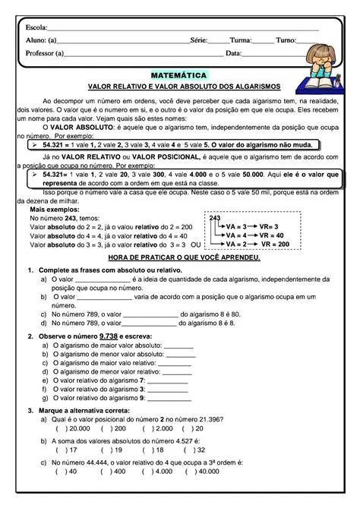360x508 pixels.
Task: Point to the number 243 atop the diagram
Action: point(214,217)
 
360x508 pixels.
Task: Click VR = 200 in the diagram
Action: point(273,245)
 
